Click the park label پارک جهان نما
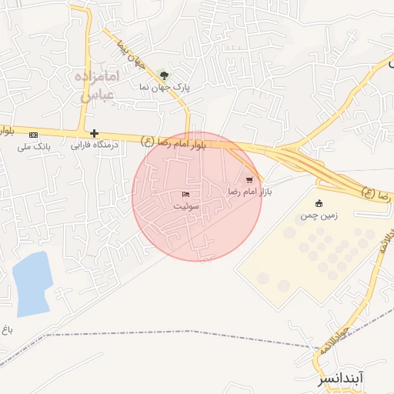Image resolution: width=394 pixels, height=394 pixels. (164, 88)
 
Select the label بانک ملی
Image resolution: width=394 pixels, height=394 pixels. (33, 145)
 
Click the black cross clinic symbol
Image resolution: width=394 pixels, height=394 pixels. (94, 133)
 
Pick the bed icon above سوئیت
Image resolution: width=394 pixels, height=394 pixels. (185, 194)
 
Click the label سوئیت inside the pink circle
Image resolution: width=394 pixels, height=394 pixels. (185, 205)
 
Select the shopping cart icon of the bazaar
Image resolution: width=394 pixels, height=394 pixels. (249, 179)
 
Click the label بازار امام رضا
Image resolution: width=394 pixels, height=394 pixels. (249, 189)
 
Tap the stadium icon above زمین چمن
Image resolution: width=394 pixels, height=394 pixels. (319, 203)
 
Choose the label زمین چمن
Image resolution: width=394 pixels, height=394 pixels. (319, 215)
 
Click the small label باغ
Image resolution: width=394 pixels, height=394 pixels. (7, 330)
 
